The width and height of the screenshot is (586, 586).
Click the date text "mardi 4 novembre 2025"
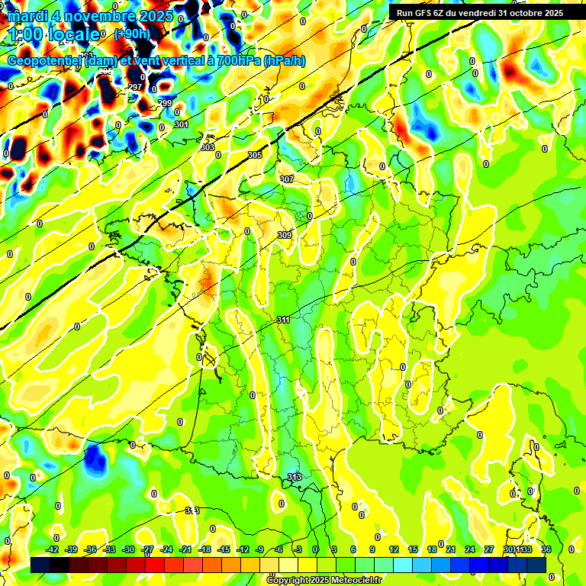(x=90, y=15)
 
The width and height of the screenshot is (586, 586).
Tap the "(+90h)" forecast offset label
(x=132, y=34)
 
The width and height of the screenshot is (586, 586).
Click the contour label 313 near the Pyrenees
(x=295, y=477)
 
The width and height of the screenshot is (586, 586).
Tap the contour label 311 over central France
(x=283, y=320)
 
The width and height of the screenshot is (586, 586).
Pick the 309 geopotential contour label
(x=285, y=235)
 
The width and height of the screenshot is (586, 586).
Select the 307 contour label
(x=287, y=179)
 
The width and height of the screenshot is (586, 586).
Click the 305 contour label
(x=255, y=155)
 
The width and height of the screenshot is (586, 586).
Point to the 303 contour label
(x=208, y=146)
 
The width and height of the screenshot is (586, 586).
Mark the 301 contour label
(x=181, y=124)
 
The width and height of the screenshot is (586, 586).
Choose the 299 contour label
(x=165, y=103)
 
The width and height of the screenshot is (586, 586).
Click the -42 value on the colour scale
(x=53, y=549)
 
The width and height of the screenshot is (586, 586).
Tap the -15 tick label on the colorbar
(x=224, y=549)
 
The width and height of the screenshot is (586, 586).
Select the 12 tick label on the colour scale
(x=394, y=549)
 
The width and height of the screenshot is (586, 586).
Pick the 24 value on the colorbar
(x=469, y=549)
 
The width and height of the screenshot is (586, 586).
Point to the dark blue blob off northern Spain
(x=95, y=458)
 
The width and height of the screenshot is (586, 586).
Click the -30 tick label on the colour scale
(x=128, y=549)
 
